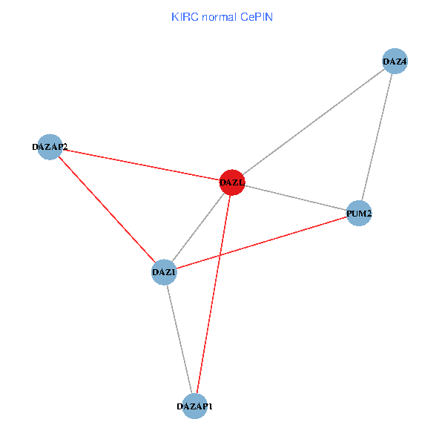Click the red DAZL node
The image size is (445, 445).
232,182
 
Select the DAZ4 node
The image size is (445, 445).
395,62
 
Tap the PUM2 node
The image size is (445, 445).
359,214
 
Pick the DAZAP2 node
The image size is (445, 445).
50,147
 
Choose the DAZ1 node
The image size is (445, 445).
164,272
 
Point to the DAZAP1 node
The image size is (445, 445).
195,406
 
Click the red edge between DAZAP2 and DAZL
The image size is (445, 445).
141,164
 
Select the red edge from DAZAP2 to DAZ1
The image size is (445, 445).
107,209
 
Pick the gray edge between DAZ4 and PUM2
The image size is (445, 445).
377,138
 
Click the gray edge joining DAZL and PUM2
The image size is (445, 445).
295,197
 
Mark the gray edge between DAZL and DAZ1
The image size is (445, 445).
198,227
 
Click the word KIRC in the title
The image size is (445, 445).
183,16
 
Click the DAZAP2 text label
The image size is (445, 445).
50,147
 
